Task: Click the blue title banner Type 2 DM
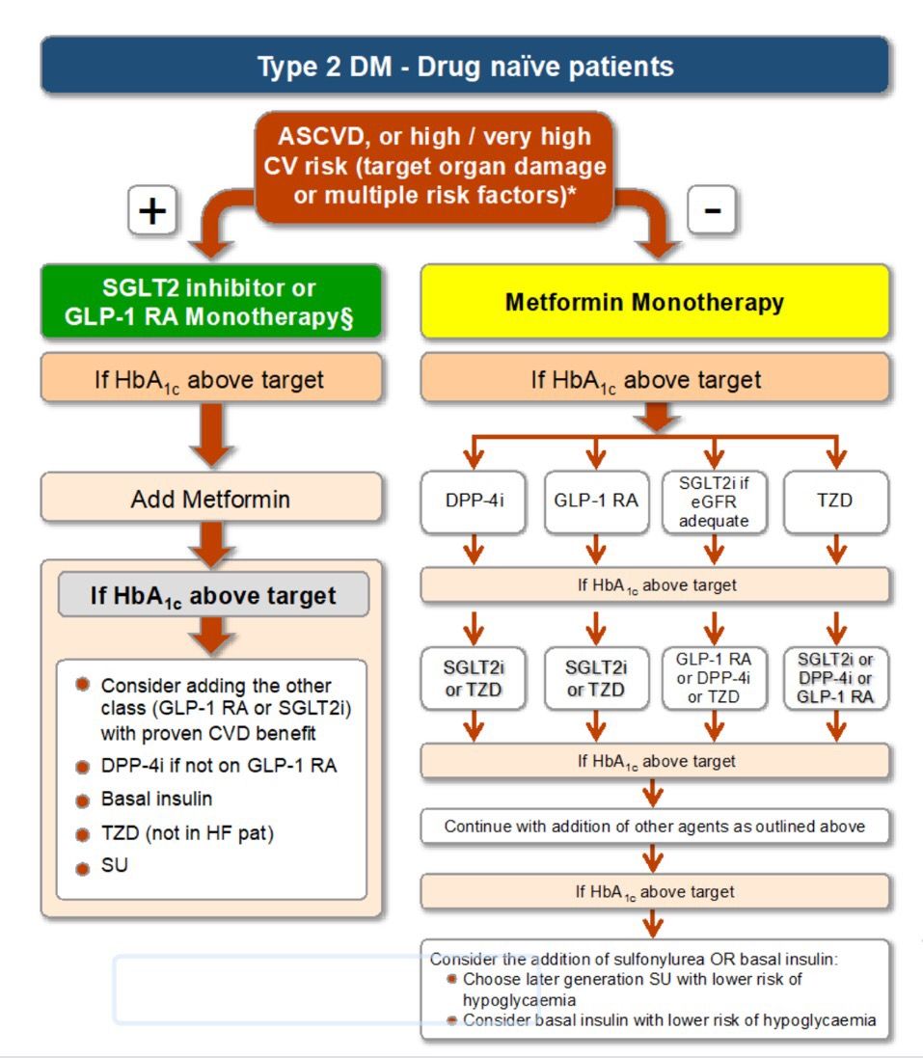pyautogui.click(x=465, y=66)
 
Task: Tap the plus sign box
pyautogui.click(x=152, y=210)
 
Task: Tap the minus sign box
pyautogui.click(x=712, y=210)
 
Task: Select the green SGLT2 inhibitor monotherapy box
pyautogui.click(x=211, y=302)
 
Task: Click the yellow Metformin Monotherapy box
pyautogui.click(x=655, y=302)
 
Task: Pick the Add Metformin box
pyautogui.click(x=211, y=499)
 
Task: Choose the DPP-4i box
pyautogui.click(x=474, y=502)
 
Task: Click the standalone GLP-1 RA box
pyautogui.click(x=596, y=502)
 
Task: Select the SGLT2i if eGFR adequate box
pyautogui.click(x=714, y=502)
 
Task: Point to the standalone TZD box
pyautogui.click(x=836, y=502)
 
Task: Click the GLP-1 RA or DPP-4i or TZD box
pyautogui.click(x=714, y=678)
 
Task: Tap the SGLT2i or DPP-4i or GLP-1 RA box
pyautogui.click(x=836, y=678)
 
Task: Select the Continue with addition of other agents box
pyautogui.click(x=655, y=827)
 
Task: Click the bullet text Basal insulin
pyautogui.click(x=156, y=799)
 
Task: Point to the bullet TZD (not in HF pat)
pyautogui.click(x=187, y=833)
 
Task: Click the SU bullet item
pyautogui.click(x=114, y=865)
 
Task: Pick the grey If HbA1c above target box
pyautogui.click(x=213, y=594)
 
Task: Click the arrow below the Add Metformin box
pyautogui.click(x=212, y=544)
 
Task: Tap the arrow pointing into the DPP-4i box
pyautogui.click(x=474, y=452)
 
